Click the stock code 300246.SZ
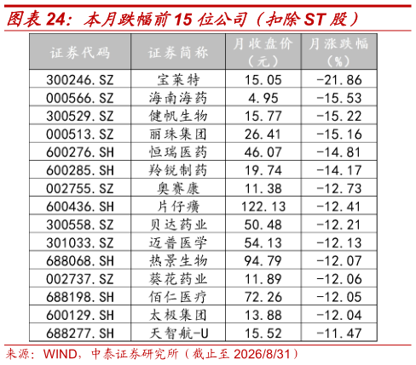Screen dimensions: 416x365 [x=80, y=80]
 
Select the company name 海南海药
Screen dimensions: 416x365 [x=178, y=98]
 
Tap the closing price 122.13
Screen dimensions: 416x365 [x=263, y=207]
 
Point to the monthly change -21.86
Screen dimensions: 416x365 [x=339, y=80]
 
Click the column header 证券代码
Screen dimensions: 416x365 [x=80, y=53]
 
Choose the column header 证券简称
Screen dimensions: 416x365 [x=178, y=53]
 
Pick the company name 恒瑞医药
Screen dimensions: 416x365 [x=178, y=152]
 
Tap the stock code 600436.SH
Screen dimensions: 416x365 [x=80, y=207]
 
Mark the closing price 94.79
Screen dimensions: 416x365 [x=263, y=261]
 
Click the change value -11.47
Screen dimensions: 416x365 [x=339, y=334]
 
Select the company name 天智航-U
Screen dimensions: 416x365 [x=179, y=334]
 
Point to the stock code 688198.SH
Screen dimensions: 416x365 [x=80, y=297]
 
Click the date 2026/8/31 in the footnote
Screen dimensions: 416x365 [x=263, y=354]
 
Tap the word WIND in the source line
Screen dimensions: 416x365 [x=60, y=354]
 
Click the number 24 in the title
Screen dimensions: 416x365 [x=55, y=20]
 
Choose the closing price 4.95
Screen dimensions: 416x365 [x=263, y=98]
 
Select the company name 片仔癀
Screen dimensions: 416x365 [x=178, y=207]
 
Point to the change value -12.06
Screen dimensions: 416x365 [x=339, y=279]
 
